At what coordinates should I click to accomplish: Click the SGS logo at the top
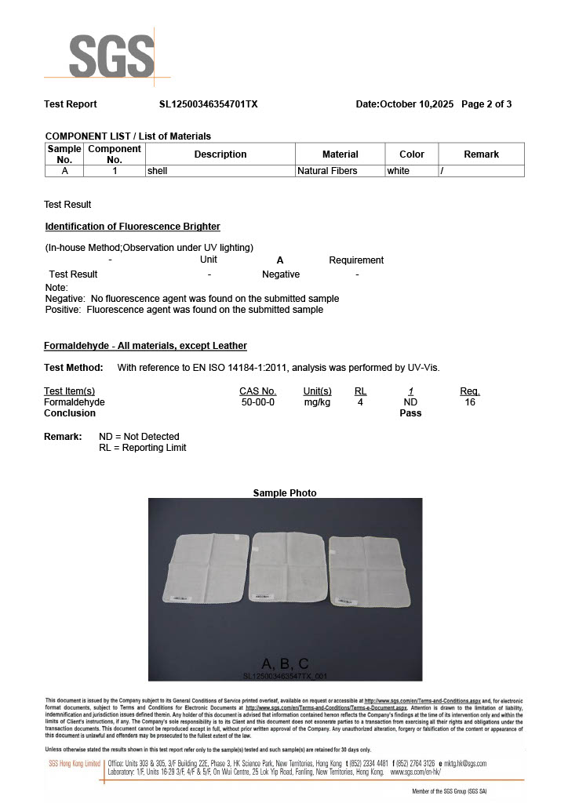tap(111, 55)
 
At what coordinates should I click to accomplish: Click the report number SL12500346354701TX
tap(209, 104)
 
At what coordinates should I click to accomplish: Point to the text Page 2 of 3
tap(486, 104)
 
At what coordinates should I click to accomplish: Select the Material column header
tap(340, 154)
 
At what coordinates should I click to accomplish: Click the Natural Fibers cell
tap(327, 171)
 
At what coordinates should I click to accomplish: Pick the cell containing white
tap(399, 171)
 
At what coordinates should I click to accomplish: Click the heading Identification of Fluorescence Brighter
tap(133, 227)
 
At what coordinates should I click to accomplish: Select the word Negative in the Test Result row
tap(281, 274)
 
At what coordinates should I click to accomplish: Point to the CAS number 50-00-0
tap(258, 402)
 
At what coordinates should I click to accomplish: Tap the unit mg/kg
tap(317, 402)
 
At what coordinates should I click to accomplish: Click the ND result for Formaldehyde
tap(410, 402)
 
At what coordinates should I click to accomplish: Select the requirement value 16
tap(470, 402)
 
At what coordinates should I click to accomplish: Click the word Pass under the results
tap(410, 413)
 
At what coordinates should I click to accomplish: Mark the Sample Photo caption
tap(285, 492)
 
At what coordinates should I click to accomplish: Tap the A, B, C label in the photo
tap(285, 663)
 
